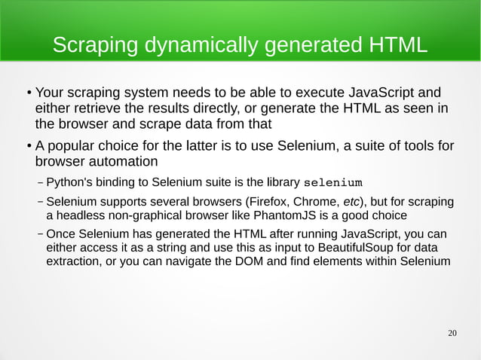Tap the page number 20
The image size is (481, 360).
[452, 333]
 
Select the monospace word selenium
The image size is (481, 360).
[332, 182]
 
